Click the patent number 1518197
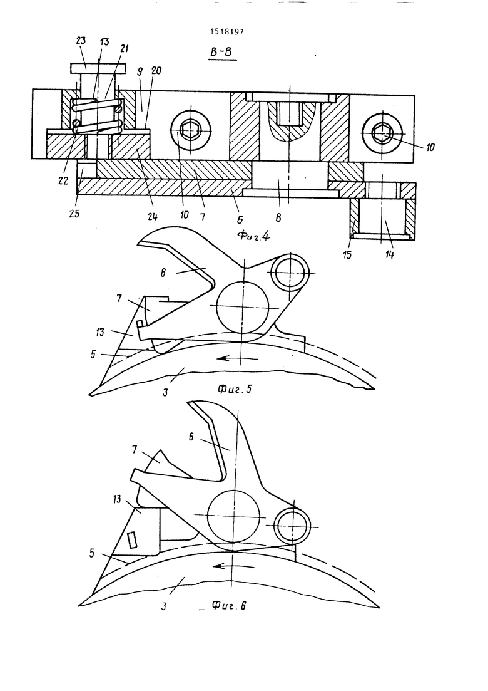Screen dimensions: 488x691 pos(226,32)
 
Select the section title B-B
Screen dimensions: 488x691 pos(221,53)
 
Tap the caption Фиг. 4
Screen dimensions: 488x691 pos(254,236)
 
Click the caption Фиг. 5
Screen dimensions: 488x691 pos(235,388)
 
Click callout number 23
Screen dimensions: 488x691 pos(81,41)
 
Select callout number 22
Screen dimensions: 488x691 pos(63,180)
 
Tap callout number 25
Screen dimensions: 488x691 pos(74,214)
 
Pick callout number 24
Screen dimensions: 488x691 pos(152,216)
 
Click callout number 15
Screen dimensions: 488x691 pos(347,254)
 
